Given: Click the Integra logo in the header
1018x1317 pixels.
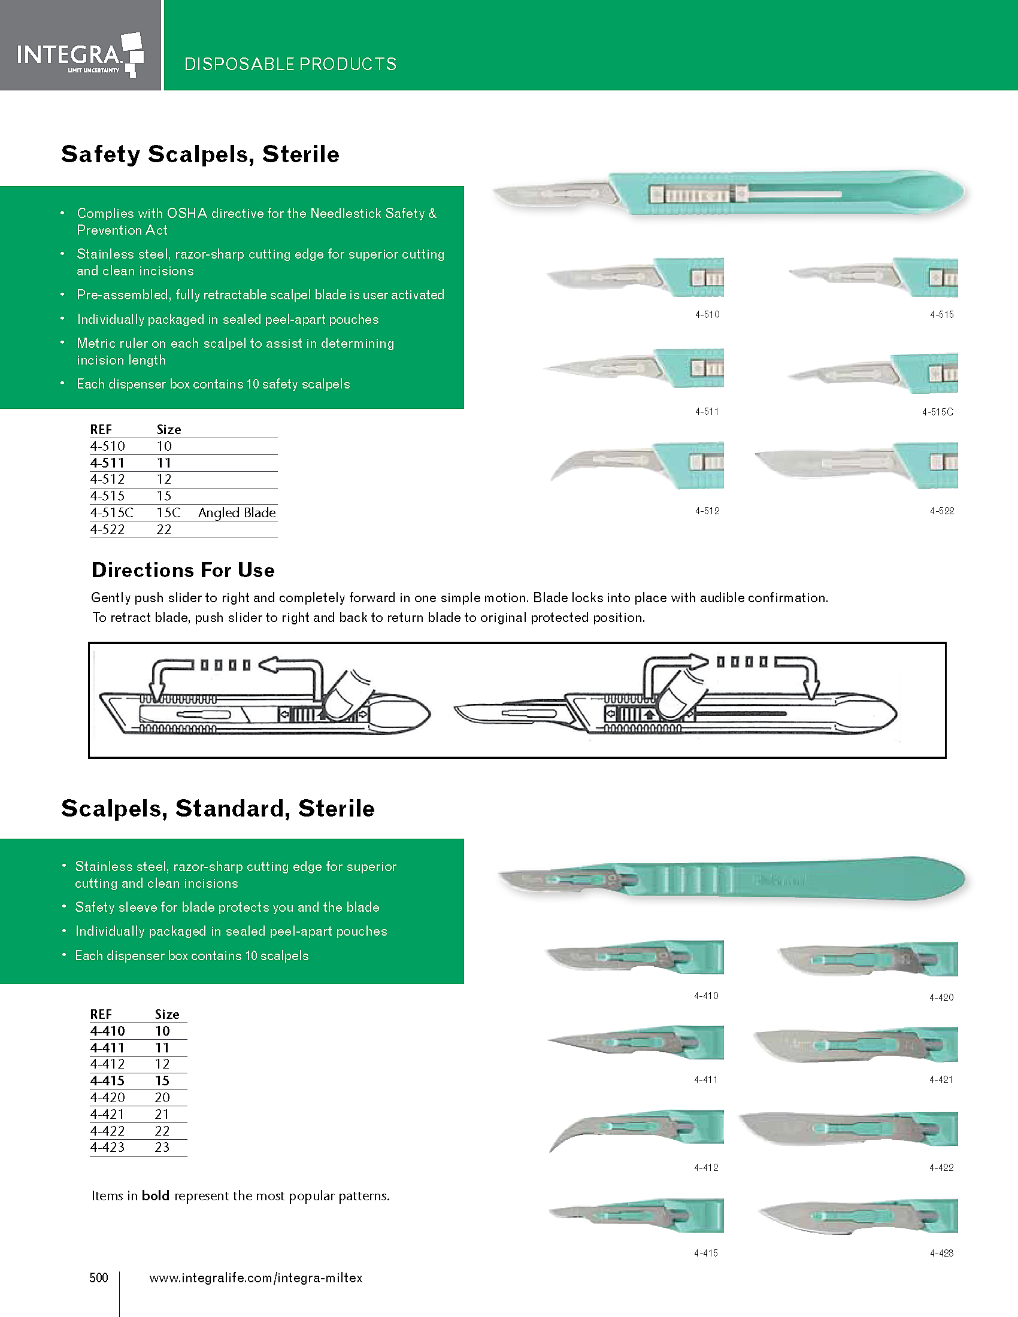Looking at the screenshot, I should (x=80, y=54).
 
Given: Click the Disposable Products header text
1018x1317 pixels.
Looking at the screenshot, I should (x=290, y=64).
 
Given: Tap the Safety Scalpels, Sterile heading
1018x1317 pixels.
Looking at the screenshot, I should (x=199, y=154).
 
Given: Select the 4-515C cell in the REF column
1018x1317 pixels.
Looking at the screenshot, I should (x=111, y=512).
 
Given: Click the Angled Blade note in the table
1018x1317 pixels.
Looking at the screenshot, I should (x=237, y=512).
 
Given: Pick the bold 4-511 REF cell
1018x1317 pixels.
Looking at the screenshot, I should (x=107, y=463).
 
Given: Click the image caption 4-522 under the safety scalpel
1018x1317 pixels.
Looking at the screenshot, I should (x=941, y=511).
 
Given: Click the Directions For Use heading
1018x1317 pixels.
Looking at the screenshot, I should (x=183, y=570).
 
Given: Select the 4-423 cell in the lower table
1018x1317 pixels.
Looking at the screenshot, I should (x=107, y=1147).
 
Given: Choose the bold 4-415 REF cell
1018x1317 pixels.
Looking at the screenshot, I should (x=107, y=1081).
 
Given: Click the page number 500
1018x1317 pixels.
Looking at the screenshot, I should (x=99, y=1277).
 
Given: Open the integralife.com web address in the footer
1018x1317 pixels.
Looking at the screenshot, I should (x=256, y=1278).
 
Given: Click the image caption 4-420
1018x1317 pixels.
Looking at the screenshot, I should (x=941, y=997).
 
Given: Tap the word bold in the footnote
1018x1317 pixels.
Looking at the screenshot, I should (x=155, y=1196).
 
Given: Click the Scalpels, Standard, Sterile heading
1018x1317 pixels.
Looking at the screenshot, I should (x=218, y=808).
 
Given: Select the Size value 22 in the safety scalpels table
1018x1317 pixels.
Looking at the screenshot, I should (x=164, y=529).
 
